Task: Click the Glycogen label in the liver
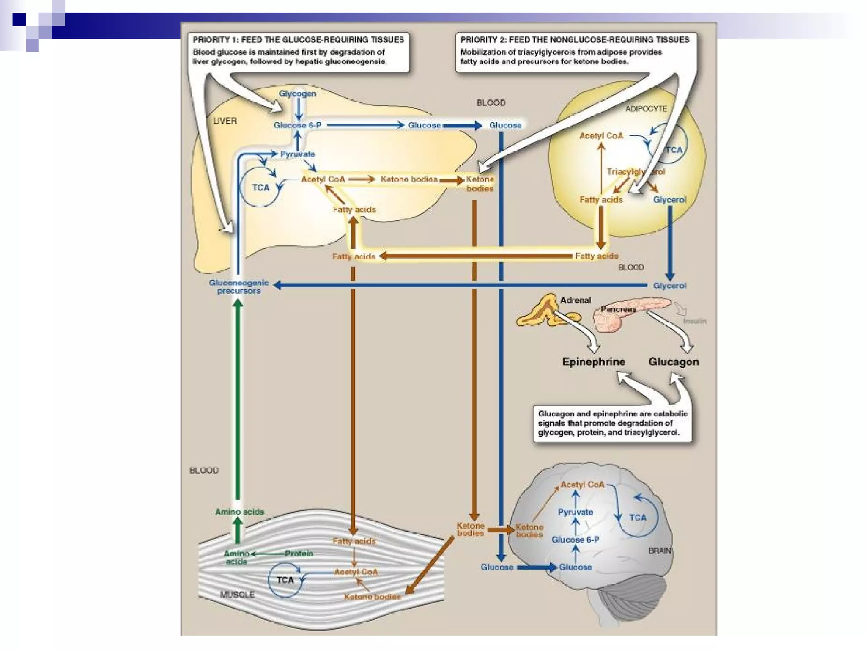(x=297, y=94)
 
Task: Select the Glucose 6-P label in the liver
(x=297, y=125)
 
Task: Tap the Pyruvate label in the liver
(x=298, y=154)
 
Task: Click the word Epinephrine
(x=594, y=362)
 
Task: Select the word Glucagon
(x=674, y=362)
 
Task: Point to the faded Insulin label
(x=694, y=321)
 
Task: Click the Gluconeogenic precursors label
(x=239, y=286)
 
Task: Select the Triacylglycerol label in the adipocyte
(x=636, y=172)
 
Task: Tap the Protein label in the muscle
(x=299, y=554)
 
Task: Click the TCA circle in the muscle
(x=285, y=580)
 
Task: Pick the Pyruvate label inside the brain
(x=576, y=512)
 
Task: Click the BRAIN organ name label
(x=660, y=551)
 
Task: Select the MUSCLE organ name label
(x=237, y=595)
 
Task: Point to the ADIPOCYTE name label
(x=646, y=109)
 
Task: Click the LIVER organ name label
(x=225, y=121)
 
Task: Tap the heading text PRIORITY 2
(x=483, y=40)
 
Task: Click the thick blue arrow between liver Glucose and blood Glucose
(x=462, y=125)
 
